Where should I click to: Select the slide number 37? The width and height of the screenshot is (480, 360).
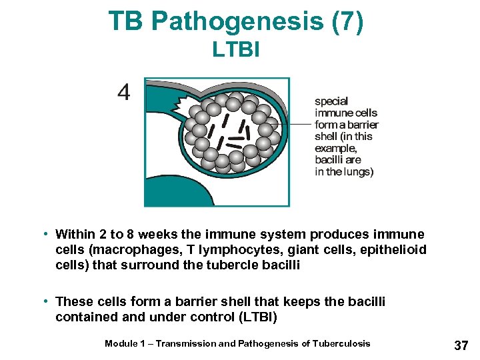[x=461, y=345]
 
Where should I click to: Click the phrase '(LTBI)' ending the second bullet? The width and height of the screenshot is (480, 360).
[x=257, y=317]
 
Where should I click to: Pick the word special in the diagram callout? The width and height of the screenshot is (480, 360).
[x=331, y=101]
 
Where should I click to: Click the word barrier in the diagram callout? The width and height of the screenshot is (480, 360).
[x=363, y=125]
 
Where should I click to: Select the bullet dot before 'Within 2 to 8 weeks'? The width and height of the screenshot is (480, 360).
[x=43, y=234]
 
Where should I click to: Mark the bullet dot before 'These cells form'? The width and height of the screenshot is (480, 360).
[x=43, y=301]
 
